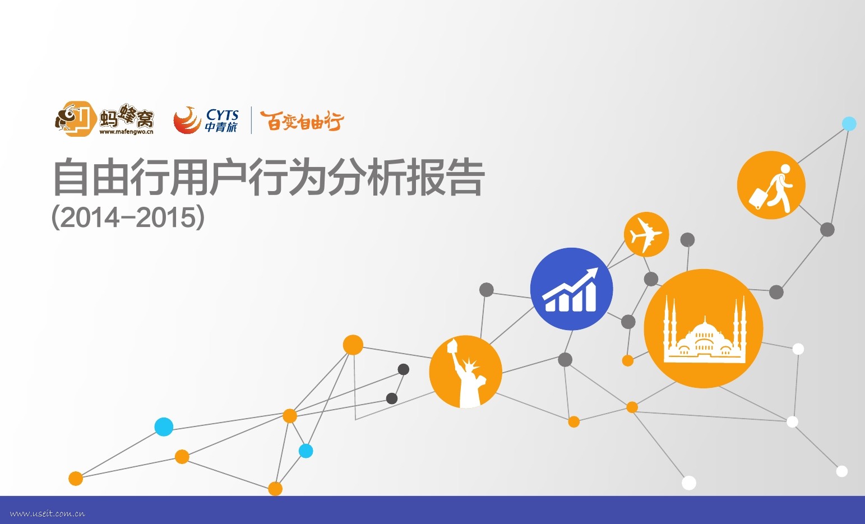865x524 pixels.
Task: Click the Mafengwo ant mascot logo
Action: [75, 118]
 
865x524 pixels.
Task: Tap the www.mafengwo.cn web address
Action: [126, 132]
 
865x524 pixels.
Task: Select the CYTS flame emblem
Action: [187, 120]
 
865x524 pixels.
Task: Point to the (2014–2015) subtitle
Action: [128, 217]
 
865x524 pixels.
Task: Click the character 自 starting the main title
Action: [71, 178]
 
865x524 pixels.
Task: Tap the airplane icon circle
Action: [646, 234]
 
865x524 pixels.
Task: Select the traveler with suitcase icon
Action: [771, 185]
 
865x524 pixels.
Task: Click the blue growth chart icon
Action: [571, 289]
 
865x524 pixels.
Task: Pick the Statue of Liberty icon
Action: [465, 372]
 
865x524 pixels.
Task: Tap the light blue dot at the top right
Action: [849, 123]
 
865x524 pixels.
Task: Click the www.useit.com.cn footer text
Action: [48, 513]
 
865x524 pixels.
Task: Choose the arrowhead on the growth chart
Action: [592, 273]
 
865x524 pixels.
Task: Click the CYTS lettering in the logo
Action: [223, 114]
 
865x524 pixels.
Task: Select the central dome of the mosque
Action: [704, 331]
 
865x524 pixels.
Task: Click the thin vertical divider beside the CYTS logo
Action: [251, 120]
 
